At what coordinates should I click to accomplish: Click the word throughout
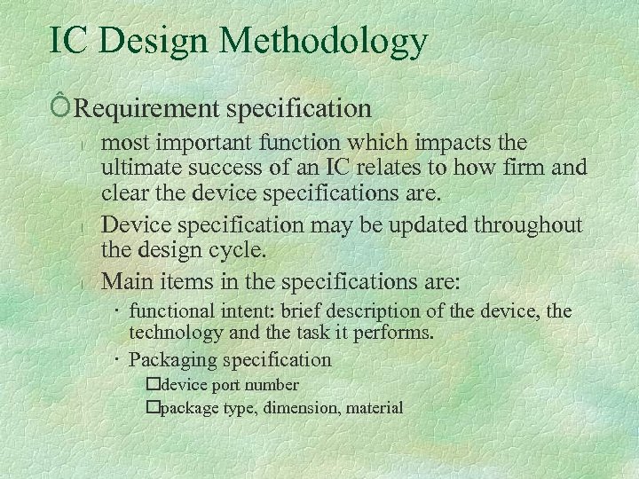coord(532,225)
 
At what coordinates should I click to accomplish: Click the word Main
coord(125,282)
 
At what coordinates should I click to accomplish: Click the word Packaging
coord(173,360)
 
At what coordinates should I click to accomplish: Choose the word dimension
coord(304,408)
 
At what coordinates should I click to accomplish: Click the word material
coord(374,408)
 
